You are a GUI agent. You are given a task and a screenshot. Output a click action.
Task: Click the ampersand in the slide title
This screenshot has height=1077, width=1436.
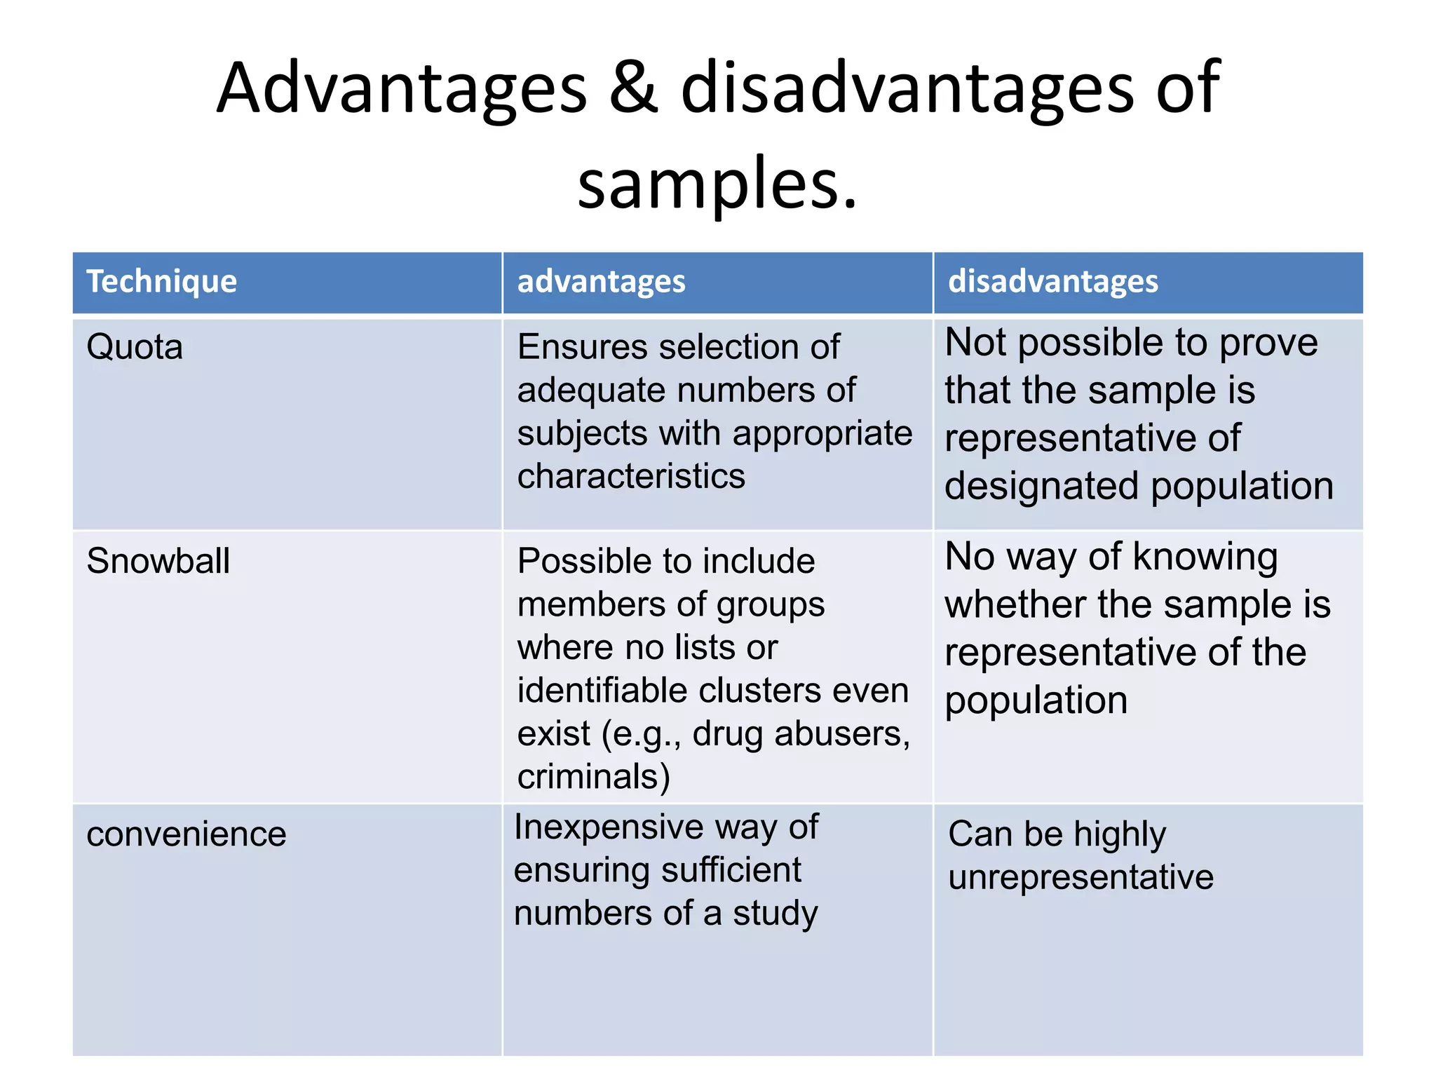point(633,88)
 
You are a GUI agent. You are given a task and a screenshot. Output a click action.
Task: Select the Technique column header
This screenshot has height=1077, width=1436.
point(162,282)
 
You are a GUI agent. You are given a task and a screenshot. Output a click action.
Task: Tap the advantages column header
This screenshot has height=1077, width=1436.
point(601,282)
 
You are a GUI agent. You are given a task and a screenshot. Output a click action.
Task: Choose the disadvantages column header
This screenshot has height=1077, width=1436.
point(1052,282)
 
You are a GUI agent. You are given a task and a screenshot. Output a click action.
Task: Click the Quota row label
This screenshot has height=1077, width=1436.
point(135,347)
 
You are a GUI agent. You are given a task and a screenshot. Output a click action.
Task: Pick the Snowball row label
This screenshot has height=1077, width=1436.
point(158,561)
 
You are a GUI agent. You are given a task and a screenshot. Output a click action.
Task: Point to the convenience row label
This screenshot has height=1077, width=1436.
point(187,834)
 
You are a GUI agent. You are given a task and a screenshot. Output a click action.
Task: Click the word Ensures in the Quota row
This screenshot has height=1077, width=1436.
point(582,347)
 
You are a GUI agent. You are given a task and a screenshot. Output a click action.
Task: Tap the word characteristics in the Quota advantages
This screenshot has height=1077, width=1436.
point(631,477)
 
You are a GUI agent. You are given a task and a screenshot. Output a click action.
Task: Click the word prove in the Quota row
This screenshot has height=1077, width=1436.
point(1268,344)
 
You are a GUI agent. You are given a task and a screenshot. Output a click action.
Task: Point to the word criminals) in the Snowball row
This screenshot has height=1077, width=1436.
point(594,777)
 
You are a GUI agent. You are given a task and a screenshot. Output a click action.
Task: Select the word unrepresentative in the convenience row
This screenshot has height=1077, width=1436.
point(1081,878)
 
